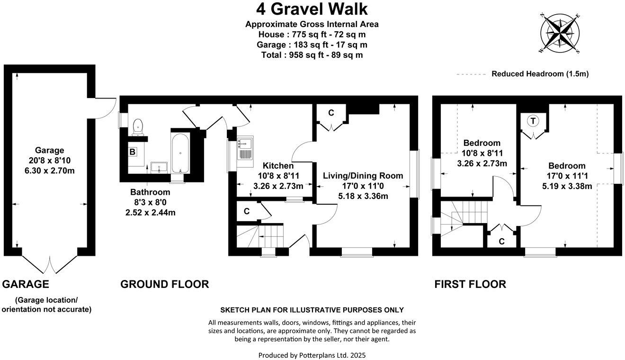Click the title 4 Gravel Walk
(312, 9)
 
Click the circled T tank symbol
(533, 121)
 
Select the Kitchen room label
(278, 166)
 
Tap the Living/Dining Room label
(363, 176)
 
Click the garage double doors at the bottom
(50, 263)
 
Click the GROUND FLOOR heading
(164, 284)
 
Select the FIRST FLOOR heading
(470, 284)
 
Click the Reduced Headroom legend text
(540, 74)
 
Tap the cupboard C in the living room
(331, 114)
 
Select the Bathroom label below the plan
(150, 192)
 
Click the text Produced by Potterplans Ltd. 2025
(312, 355)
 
